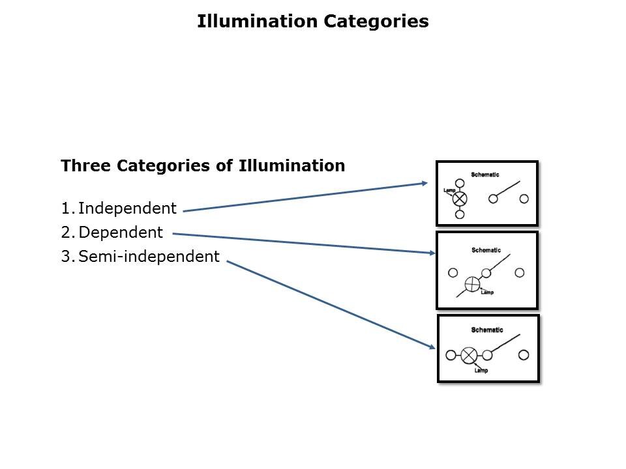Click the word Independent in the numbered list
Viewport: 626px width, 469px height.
[127, 208]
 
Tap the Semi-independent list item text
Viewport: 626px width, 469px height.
[149, 257]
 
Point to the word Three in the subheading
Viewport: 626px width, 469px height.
[86, 165]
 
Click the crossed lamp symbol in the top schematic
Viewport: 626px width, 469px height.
[460, 198]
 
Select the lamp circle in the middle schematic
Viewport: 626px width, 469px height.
[472, 284]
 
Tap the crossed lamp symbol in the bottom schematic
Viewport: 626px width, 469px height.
[469, 355]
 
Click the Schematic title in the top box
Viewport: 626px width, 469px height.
[485, 175]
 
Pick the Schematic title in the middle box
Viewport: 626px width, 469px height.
[486, 250]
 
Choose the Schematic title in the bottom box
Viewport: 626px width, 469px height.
[487, 330]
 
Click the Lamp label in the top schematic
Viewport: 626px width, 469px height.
[449, 191]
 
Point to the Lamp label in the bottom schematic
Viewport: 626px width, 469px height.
[481, 371]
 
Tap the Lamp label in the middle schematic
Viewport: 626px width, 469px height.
[487, 292]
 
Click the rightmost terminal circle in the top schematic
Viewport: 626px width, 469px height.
[524, 199]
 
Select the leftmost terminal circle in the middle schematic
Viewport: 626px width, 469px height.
[453, 273]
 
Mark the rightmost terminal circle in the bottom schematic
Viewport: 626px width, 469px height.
[524, 355]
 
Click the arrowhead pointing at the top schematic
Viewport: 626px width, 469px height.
[425, 184]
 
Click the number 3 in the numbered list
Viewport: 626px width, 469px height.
[65, 257]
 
